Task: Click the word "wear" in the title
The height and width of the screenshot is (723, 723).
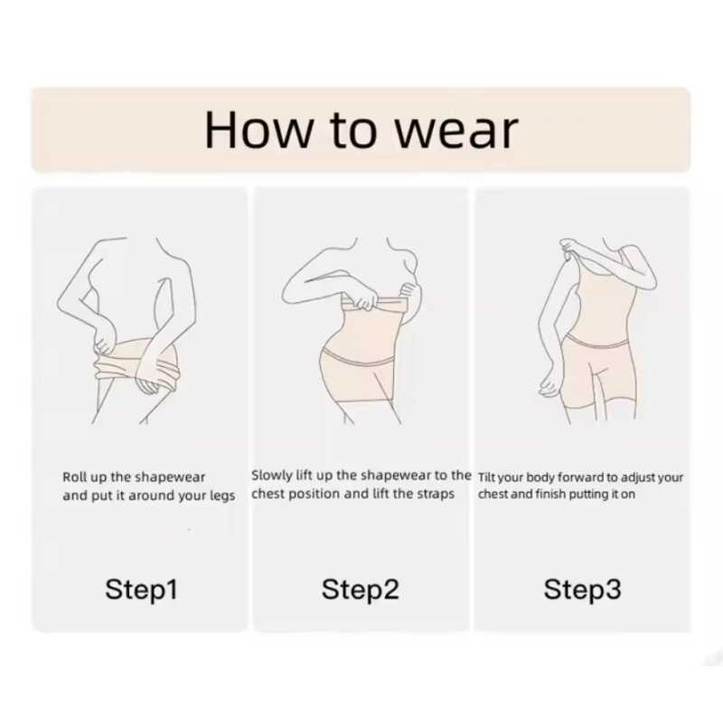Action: pyautogui.click(x=457, y=130)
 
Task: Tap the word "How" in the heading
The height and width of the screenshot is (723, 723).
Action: pyautogui.click(x=258, y=129)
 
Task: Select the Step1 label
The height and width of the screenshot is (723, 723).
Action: pyautogui.click(x=142, y=590)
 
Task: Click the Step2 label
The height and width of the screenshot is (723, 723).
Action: pyautogui.click(x=360, y=590)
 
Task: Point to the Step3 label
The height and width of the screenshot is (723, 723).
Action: pyautogui.click(x=582, y=590)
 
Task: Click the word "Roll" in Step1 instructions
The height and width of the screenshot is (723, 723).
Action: pyautogui.click(x=71, y=477)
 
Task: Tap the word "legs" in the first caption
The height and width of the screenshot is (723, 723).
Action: pyautogui.click(x=222, y=496)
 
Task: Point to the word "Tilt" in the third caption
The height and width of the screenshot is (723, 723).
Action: pyautogui.click(x=486, y=477)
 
